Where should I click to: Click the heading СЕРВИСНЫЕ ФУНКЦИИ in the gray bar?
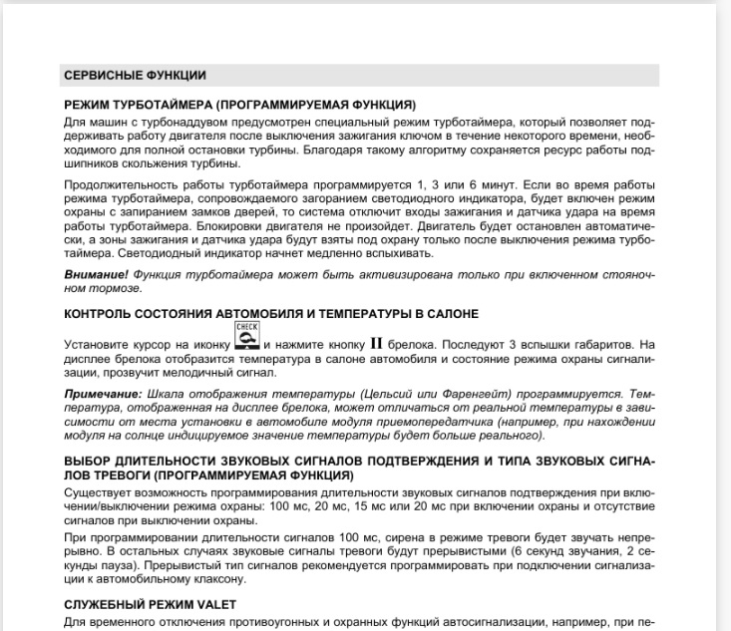coord(120,75)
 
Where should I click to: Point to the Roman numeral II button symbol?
coord(377,344)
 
